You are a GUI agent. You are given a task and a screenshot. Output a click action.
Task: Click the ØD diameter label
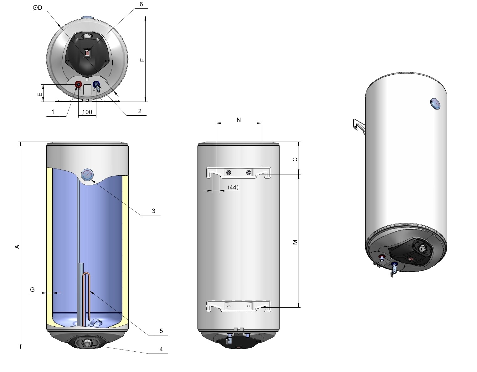coord(38,8)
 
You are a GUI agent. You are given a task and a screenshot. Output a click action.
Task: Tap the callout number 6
coord(141,4)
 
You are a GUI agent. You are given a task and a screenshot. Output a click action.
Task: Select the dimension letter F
coord(142,60)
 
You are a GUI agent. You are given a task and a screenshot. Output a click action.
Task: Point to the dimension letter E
coord(40,94)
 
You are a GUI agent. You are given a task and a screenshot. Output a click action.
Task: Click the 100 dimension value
coord(87,112)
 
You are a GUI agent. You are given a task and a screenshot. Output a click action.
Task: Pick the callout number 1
coord(53,112)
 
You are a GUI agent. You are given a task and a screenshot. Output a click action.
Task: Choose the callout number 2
coord(140,111)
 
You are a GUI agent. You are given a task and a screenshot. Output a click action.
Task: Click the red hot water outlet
coord(78,84)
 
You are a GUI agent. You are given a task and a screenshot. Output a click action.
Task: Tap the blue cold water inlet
coord(96,84)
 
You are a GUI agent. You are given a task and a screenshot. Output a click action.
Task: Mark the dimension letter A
coord(17,247)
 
